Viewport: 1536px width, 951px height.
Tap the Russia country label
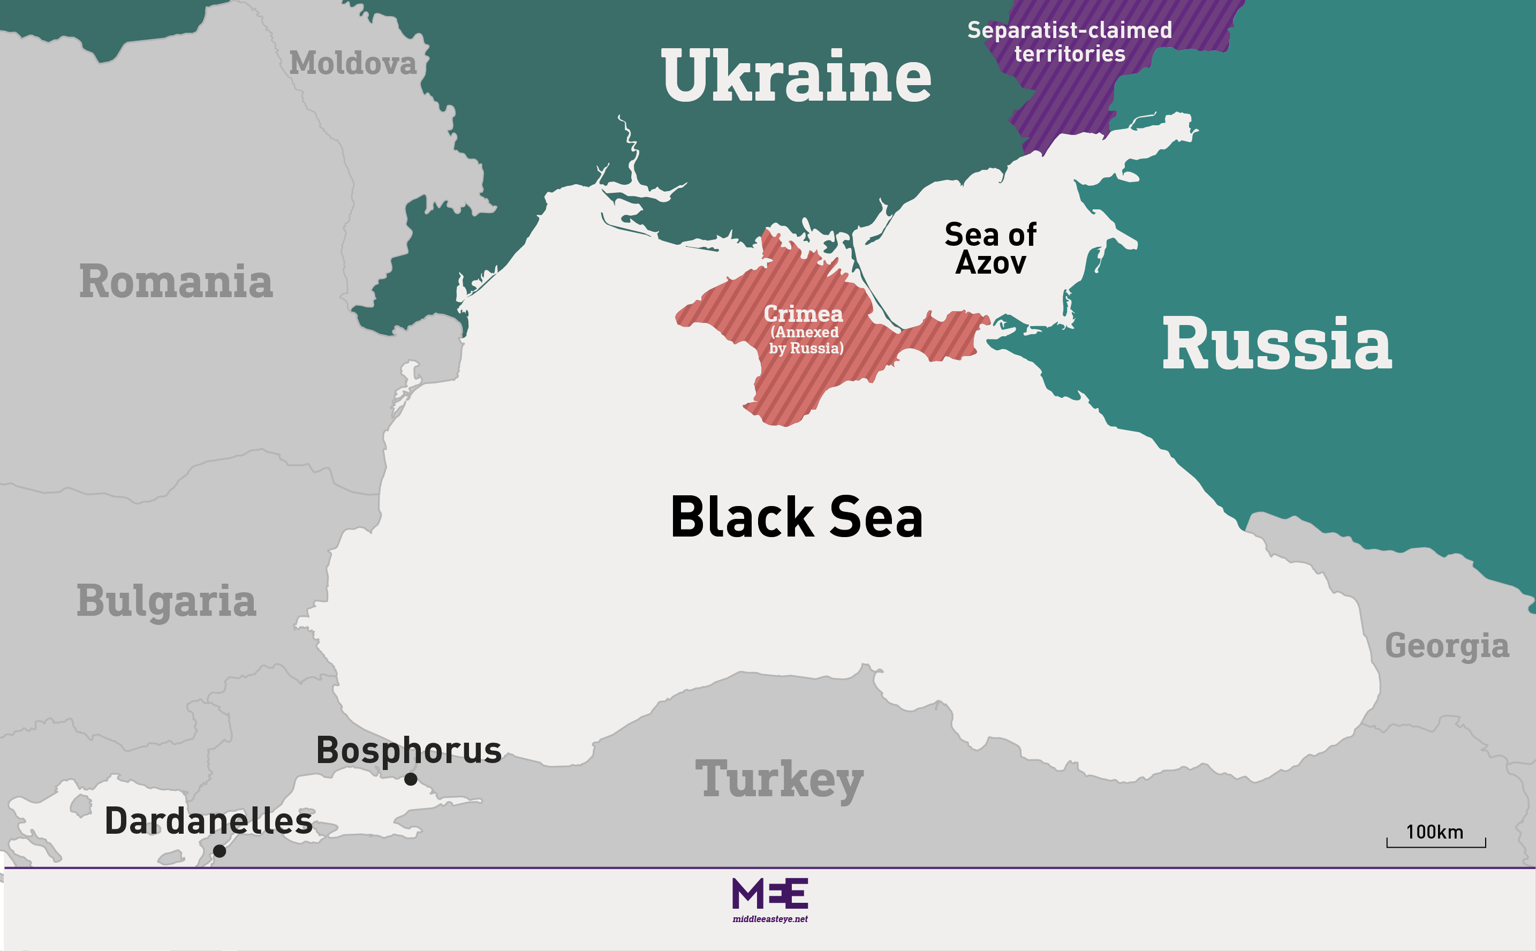tap(1276, 345)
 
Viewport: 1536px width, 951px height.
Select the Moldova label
tap(353, 64)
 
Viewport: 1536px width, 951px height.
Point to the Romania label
tap(176, 282)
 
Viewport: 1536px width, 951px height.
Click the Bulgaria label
tap(167, 601)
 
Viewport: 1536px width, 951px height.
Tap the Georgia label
tap(1447, 646)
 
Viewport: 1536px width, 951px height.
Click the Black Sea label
tap(796, 517)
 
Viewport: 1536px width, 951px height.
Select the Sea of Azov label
tap(990, 248)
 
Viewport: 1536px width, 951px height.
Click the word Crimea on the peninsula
tap(803, 313)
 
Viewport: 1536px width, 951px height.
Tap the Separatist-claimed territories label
tap(1070, 42)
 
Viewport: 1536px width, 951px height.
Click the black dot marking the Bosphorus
tap(411, 779)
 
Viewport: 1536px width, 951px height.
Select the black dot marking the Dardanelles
tap(220, 851)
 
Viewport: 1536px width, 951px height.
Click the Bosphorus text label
tap(408, 750)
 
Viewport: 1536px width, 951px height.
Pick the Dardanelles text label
tap(209, 821)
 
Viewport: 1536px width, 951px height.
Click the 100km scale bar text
tap(1434, 832)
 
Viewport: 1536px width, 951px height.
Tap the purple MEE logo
tap(769, 894)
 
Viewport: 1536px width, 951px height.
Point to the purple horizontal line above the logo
tap(769, 868)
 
